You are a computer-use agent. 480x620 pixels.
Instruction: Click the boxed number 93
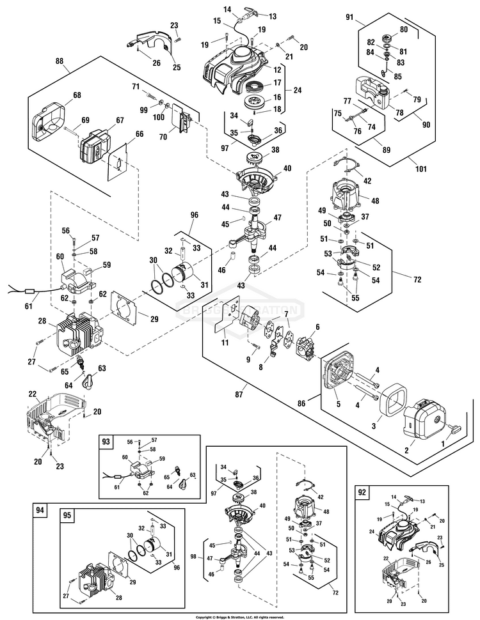(106, 442)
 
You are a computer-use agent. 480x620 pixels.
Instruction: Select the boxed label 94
(40, 510)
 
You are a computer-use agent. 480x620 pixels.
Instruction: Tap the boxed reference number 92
(362, 493)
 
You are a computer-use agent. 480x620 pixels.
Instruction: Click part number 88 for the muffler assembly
(59, 61)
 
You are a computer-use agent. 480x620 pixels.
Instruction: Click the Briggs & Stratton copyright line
(240, 617)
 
